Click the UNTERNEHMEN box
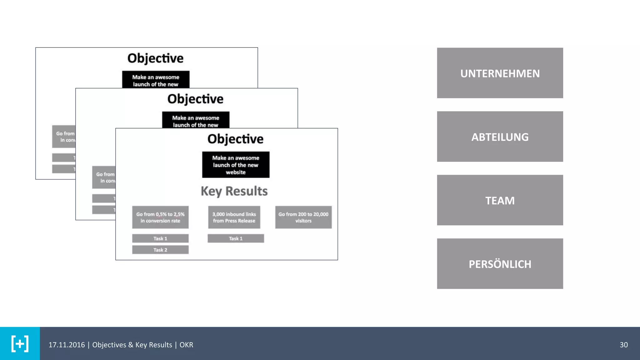tap(500, 73)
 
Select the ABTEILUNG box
tap(500, 137)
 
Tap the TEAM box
tap(500, 200)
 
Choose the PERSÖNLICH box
tap(500, 264)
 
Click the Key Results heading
tap(234, 191)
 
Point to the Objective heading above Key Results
tap(235, 139)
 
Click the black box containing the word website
tap(236, 165)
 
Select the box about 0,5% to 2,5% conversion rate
tap(160, 217)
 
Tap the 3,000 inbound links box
tap(234, 217)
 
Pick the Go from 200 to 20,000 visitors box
tap(303, 217)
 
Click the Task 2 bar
tap(160, 250)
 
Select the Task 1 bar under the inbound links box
tap(236, 238)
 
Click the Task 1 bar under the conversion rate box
tap(160, 238)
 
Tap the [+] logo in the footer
tap(20, 344)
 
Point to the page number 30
tap(623, 345)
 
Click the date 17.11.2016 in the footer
tap(67, 345)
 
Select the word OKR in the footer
tap(186, 345)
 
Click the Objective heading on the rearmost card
tap(155, 58)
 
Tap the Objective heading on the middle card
tap(195, 99)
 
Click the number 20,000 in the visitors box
tap(321, 214)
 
